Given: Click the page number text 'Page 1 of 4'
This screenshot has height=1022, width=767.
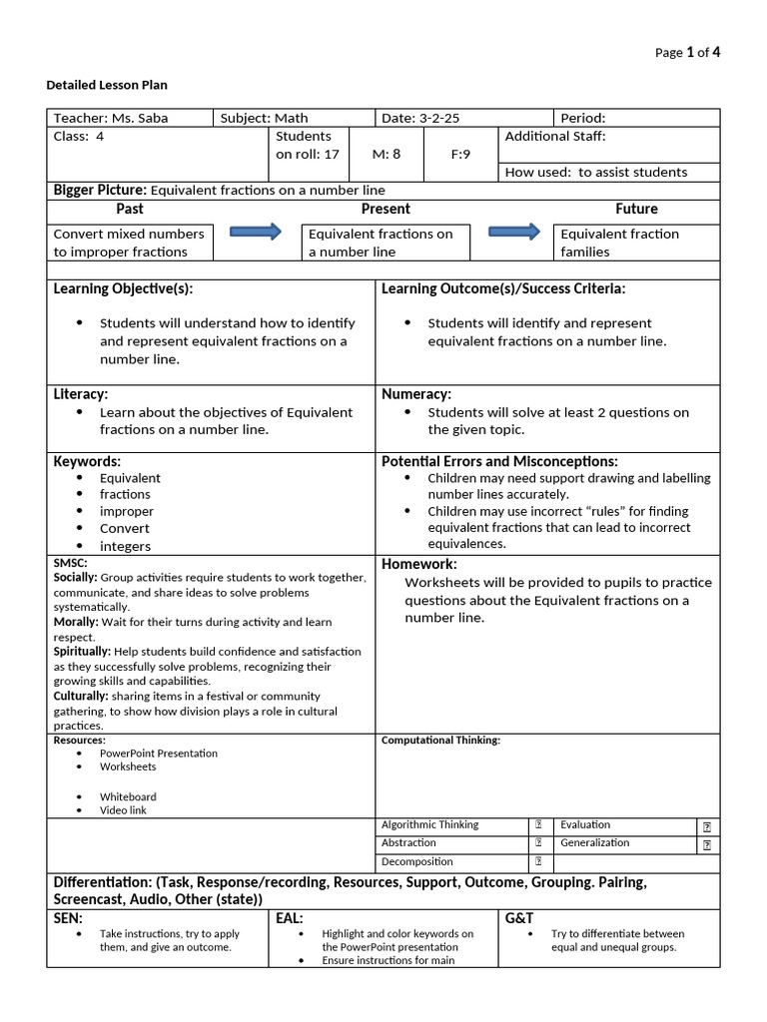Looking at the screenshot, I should (x=687, y=53).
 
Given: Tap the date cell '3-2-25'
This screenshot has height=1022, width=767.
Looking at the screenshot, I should (x=420, y=118).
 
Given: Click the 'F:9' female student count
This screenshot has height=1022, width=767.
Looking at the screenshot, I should (x=460, y=155).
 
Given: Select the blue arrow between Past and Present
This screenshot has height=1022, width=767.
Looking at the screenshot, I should (x=256, y=233).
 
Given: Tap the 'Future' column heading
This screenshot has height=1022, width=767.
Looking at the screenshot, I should (x=636, y=209).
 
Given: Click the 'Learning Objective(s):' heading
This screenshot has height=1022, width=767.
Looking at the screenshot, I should (x=123, y=288).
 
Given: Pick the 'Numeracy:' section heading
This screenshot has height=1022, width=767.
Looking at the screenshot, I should (x=416, y=394).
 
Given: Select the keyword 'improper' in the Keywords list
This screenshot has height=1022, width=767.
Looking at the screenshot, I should (x=127, y=511).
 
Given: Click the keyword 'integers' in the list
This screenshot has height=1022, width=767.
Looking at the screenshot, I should (x=125, y=546).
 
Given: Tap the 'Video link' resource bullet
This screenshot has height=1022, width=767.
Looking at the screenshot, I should (x=123, y=810).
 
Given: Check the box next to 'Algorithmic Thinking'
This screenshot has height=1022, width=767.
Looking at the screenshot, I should (x=538, y=825).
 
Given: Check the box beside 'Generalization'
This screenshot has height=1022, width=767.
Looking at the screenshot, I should (x=707, y=844).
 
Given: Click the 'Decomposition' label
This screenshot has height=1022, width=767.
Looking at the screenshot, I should (x=417, y=861).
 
